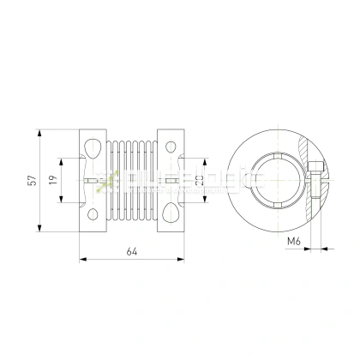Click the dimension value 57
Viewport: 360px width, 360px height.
pos(33,180)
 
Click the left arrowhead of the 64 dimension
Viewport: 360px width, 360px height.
pos(81,257)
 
